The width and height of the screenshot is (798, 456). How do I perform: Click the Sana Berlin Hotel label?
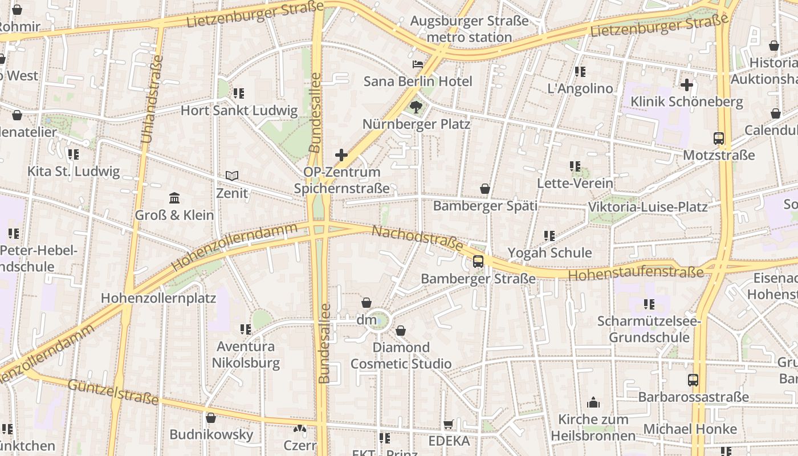click(x=418, y=81)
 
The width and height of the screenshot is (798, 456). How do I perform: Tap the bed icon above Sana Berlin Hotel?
click(x=418, y=64)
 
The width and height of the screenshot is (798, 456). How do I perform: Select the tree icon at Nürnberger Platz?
click(x=417, y=106)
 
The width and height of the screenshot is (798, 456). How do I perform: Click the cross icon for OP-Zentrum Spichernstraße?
click(x=341, y=154)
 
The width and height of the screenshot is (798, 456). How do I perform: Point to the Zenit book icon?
click(x=232, y=176)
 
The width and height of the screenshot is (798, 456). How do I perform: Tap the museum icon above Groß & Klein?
click(x=174, y=198)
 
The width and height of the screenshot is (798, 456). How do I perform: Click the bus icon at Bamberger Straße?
click(x=478, y=262)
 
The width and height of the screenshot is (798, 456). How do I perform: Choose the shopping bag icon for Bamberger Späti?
click(x=485, y=189)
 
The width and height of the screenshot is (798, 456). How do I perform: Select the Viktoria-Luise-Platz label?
click(x=648, y=207)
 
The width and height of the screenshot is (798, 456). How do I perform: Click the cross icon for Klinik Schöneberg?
click(x=687, y=85)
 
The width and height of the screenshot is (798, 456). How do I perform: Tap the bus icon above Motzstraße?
click(x=719, y=138)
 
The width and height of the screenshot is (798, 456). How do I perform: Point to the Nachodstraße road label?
click(x=417, y=238)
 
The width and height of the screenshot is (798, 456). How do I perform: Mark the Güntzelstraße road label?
click(x=113, y=392)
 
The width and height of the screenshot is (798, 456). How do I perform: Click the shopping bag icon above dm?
click(x=367, y=303)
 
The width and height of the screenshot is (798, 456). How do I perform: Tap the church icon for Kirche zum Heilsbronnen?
click(x=593, y=403)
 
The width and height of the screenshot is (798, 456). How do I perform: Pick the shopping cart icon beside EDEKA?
click(x=449, y=424)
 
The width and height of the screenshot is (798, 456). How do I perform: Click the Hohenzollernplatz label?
click(x=158, y=298)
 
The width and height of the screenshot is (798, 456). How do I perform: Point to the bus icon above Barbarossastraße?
click(x=693, y=380)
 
